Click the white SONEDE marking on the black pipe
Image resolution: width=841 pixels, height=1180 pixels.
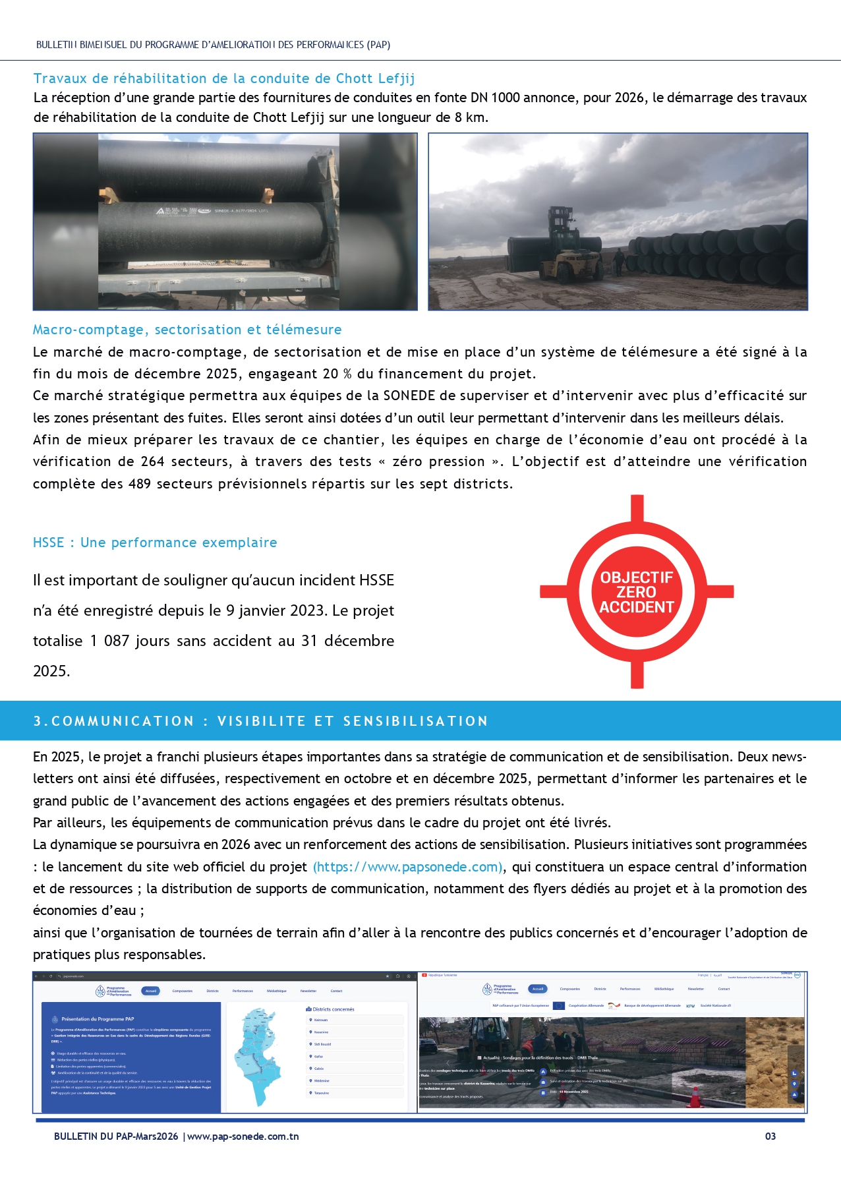[x=240, y=211]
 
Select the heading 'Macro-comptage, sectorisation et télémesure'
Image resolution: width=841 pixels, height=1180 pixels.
[x=187, y=330]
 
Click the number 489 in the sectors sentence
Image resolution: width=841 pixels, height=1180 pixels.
[x=140, y=484]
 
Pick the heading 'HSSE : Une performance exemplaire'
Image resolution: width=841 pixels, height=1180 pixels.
[x=155, y=543]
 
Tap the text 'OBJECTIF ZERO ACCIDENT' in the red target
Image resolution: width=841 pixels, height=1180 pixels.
[x=637, y=592]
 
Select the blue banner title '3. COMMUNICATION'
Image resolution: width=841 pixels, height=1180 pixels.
[x=261, y=721]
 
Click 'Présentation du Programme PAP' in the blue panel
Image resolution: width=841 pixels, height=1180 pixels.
[x=98, y=1019]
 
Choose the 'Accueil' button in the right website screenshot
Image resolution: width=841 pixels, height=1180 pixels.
[x=538, y=989]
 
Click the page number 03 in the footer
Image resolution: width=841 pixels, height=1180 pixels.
[x=770, y=1136]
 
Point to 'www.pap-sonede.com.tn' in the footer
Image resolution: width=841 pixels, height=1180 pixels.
[x=243, y=1136]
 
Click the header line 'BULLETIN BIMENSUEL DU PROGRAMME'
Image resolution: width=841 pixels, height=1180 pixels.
[x=213, y=45]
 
